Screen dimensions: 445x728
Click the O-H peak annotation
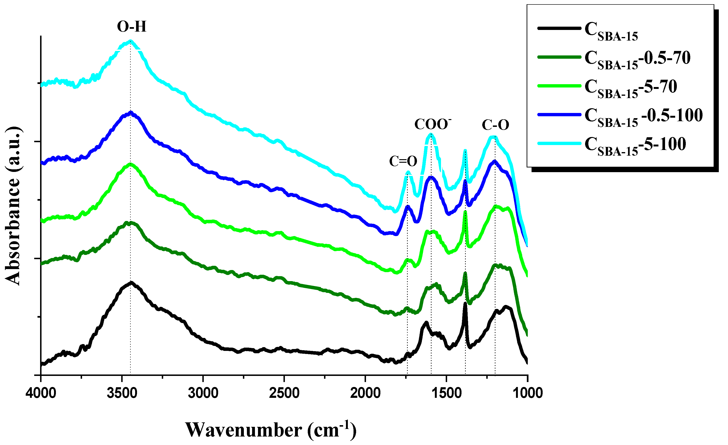click(132, 27)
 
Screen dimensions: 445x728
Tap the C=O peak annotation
click(403, 161)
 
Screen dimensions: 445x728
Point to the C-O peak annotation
click(495, 125)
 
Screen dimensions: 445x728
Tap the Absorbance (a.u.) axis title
click(13, 206)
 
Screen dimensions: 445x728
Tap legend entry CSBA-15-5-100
click(635, 146)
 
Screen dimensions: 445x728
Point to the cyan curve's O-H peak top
click(130, 41)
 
